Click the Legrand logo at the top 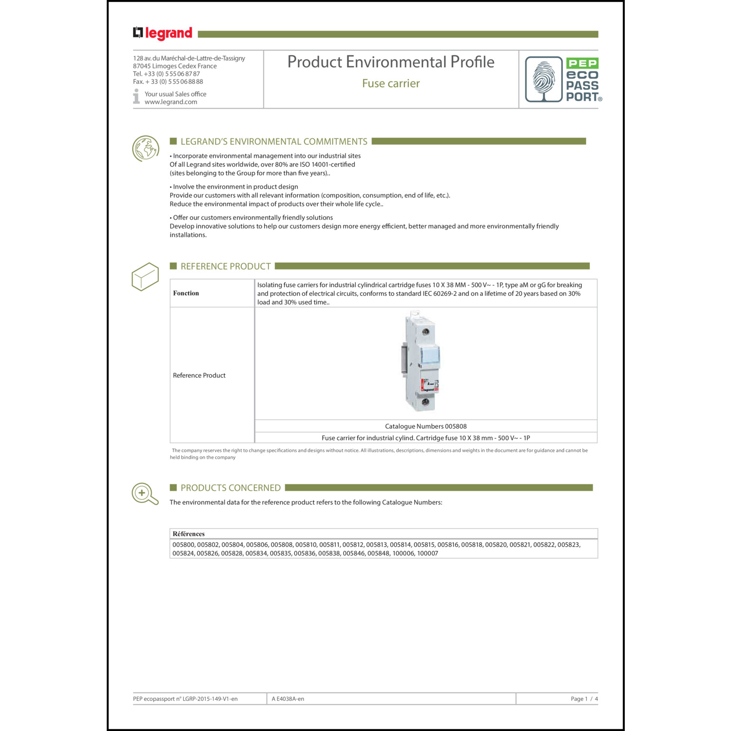tap(163, 33)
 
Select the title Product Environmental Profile tap(390, 62)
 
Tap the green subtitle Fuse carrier tap(390, 83)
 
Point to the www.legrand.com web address tap(171, 102)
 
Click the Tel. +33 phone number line tap(166, 74)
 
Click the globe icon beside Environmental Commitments tap(146, 148)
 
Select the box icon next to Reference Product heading tap(145, 277)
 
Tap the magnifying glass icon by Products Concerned tap(145, 494)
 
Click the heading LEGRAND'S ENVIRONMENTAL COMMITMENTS tap(273, 141)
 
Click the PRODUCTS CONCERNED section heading tap(230, 488)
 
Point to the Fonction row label tap(186, 293)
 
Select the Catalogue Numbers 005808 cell tap(425, 426)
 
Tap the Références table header tap(189, 534)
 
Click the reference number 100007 tap(427, 554)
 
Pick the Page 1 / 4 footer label tap(584, 699)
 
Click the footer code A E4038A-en tap(288, 699)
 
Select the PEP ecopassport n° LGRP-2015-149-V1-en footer tap(185, 699)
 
